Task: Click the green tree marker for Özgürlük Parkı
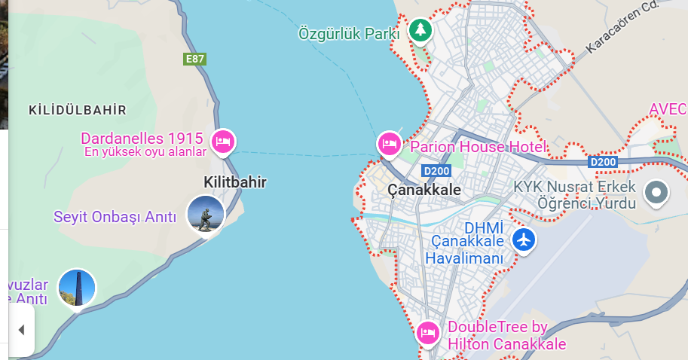(x=420, y=31)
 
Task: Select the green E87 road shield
(x=194, y=59)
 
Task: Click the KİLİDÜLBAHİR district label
(x=77, y=111)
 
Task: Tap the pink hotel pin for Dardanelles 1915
(x=223, y=141)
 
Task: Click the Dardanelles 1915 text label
(x=142, y=139)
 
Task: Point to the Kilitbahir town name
(x=235, y=182)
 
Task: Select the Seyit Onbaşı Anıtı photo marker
(x=205, y=214)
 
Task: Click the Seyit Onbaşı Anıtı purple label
(x=115, y=218)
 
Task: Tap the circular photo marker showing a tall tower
(x=77, y=288)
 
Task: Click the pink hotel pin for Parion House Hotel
(x=389, y=143)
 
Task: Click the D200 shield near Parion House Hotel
(x=436, y=170)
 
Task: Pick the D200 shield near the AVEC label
(x=603, y=162)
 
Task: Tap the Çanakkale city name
(x=424, y=190)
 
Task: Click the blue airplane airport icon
(x=523, y=240)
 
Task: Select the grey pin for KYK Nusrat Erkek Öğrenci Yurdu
(x=656, y=193)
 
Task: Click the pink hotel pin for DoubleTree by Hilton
(x=428, y=331)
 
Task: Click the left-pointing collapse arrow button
(x=21, y=330)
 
